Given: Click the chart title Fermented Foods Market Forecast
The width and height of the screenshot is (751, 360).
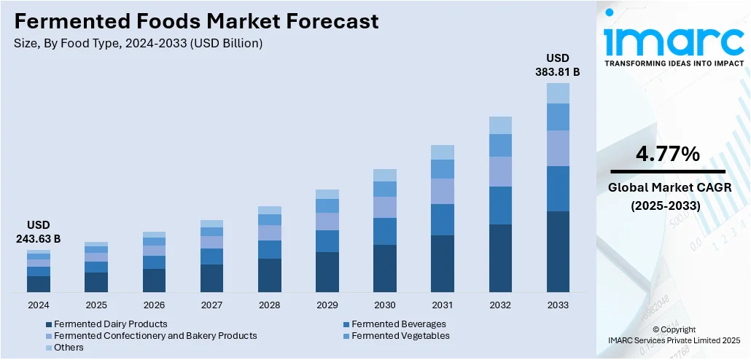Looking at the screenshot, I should point(196,21).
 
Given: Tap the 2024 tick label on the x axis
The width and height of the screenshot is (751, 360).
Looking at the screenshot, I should point(39,304).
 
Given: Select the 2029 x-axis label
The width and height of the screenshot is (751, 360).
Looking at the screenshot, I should point(327,304).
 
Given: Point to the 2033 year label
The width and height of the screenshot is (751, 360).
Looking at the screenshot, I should point(558,304).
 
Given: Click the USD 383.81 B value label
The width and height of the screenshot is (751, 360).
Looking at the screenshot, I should point(558,65).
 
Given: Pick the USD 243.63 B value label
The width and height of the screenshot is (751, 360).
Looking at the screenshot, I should point(39,232).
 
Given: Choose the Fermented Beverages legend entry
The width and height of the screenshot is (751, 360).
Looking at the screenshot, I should point(398,324).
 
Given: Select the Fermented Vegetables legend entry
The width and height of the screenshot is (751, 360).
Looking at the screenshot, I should point(400,336).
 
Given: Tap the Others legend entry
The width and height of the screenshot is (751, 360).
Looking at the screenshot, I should point(69,348).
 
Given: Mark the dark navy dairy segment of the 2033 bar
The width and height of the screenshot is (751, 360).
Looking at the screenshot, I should point(558,251).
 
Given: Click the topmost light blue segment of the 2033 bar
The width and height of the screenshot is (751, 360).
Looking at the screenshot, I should point(558,93).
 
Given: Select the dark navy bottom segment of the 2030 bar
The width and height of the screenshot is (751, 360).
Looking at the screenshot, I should point(385,268).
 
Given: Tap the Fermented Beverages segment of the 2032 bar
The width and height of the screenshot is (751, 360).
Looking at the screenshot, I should point(500,206).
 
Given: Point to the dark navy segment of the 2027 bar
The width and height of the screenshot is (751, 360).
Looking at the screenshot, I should point(211,278).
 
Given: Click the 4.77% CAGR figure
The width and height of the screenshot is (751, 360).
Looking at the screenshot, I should point(668,154).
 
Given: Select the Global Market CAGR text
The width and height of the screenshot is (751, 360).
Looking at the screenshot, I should point(667,189).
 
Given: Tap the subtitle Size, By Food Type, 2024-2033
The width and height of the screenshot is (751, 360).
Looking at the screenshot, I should point(139,43).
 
